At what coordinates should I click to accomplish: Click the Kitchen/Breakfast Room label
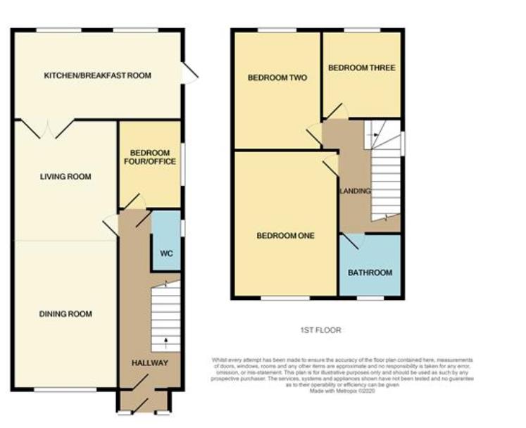(x=97, y=75)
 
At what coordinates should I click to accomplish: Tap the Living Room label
(x=65, y=177)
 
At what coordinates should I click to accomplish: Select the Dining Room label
(x=65, y=314)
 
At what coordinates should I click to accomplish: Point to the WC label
(x=167, y=252)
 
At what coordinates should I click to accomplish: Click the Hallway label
(x=150, y=363)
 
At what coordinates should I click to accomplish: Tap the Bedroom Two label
(x=277, y=78)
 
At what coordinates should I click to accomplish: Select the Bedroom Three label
(x=361, y=68)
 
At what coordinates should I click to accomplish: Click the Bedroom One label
(x=284, y=235)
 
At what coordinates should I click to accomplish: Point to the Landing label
(x=355, y=191)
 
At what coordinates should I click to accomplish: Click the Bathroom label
(x=370, y=272)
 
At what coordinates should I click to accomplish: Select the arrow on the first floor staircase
(x=375, y=134)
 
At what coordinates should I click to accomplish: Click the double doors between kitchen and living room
(x=46, y=128)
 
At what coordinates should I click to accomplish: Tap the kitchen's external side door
(x=189, y=73)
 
